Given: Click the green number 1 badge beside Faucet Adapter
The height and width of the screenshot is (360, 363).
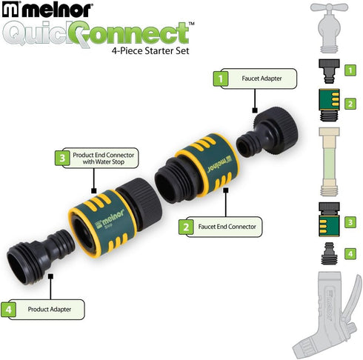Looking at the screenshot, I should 220,76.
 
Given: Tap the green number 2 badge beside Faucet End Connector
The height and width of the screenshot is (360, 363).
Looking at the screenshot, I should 185,226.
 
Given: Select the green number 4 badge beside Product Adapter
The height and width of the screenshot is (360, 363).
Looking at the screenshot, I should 10,307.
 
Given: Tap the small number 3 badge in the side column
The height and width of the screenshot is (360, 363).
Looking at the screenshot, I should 350,221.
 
